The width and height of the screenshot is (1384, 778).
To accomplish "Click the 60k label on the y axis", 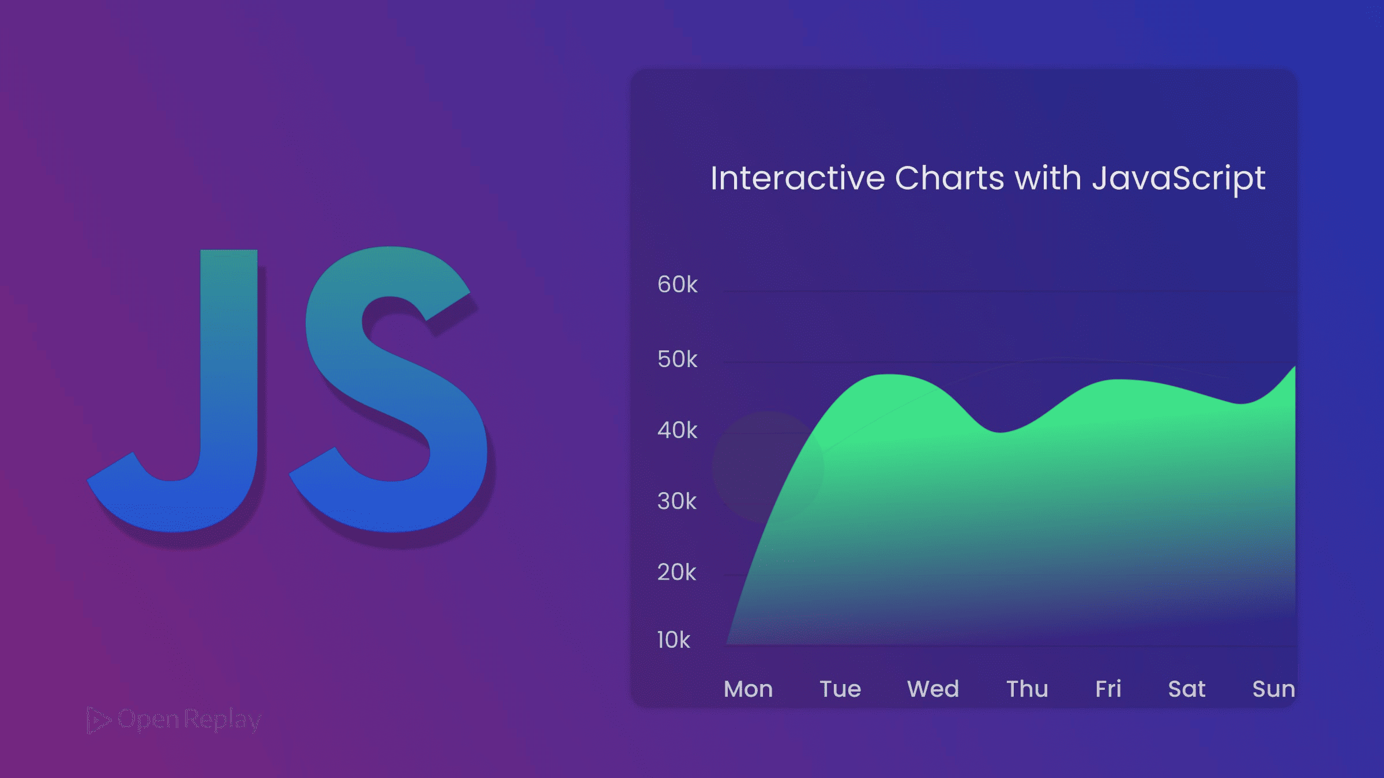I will (677, 285).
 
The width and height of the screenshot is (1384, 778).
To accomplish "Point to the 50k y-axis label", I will (677, 360).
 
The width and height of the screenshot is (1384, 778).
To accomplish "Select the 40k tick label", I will (677, 430).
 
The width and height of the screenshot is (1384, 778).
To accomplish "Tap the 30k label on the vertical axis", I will (677, 501).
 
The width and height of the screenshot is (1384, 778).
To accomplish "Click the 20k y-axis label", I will (677, 572).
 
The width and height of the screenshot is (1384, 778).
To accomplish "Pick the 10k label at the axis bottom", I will (674, 640).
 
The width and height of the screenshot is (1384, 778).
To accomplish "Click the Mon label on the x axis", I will (748, 689).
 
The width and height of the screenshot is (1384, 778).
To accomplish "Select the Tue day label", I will (840, 689).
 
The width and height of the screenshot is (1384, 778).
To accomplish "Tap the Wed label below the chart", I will (933, 689).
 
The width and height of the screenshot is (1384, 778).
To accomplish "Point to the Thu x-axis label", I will (1027, 689).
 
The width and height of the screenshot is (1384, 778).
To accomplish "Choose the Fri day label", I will (1108, 689).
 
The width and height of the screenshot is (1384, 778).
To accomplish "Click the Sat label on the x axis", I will (1187, 689).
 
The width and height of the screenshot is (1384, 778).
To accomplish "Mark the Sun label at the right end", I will (1273, 689).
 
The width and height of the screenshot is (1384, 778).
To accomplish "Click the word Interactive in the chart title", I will (798, 178).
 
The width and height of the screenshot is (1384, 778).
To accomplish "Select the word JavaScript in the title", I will (1179, 178).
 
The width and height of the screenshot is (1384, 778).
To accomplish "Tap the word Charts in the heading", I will (949, 178).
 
